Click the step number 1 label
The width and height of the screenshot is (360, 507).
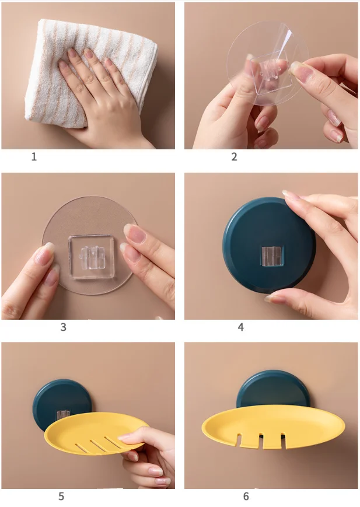tap(34, 157)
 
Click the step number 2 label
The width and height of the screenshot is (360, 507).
tap(234, 157)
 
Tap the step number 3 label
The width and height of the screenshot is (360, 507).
tap(63, 327)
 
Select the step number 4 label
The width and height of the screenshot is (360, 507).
tap(240, 327)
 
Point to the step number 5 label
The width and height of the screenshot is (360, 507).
tap(61, 496)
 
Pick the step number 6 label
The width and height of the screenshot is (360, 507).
tap(246, 496)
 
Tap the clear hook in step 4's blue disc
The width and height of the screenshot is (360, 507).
tap(270, 255)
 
